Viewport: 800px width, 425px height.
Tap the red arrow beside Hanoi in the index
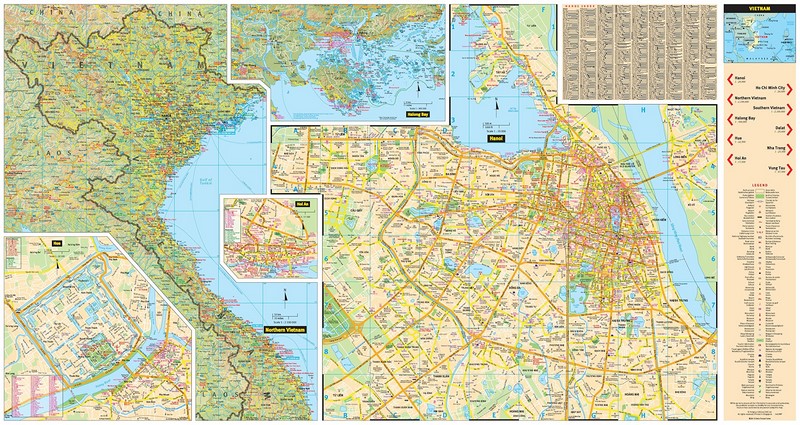coord(727,80)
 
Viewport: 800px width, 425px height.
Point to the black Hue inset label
coord(57,241)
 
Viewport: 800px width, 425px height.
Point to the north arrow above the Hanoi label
coord(493,109)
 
